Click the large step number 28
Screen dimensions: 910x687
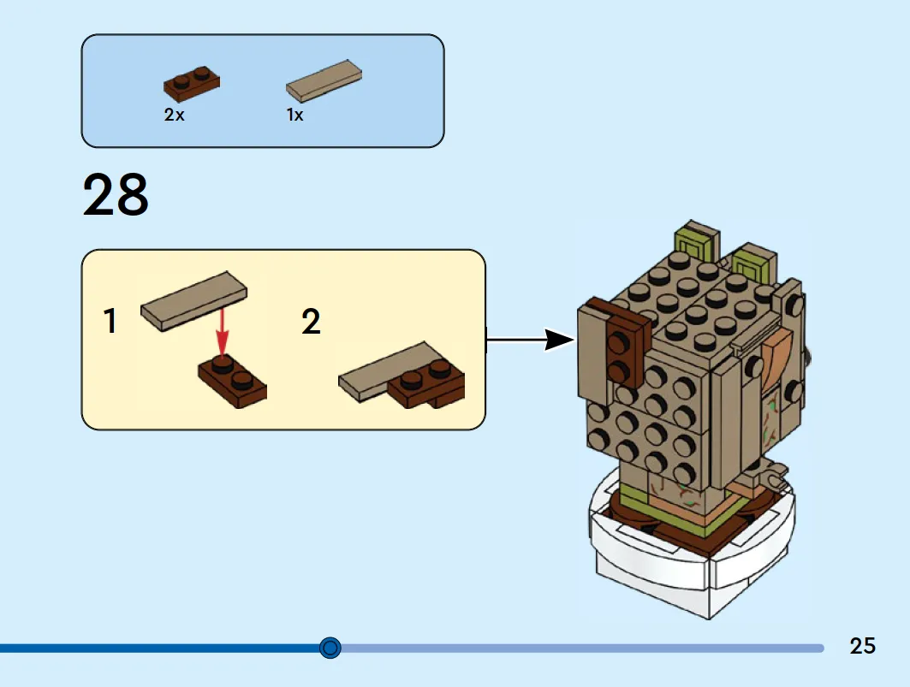click(116, 194)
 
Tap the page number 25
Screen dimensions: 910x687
click(862, 646)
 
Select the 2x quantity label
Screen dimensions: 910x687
click(174, 115)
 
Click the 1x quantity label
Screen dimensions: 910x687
click(294, 115)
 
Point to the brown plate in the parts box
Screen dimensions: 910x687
click(192, 84)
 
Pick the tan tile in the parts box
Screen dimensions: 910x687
click(324, 80)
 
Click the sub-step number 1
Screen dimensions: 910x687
click(110, 321)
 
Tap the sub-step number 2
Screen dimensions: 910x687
click(311, 322)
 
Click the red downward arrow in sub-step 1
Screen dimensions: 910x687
click(223, 332)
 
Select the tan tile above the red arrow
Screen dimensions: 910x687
click(193, 301)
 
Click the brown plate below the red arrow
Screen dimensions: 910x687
click(232, 381)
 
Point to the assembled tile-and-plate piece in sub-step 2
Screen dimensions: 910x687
click(401, 374)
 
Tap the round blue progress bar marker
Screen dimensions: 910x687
click(330, 648)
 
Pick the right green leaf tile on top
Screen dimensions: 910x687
click(753, 263)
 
